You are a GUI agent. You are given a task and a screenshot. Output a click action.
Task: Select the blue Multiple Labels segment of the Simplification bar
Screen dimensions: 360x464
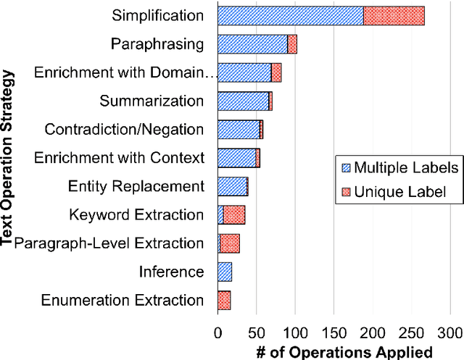tap(290, 15)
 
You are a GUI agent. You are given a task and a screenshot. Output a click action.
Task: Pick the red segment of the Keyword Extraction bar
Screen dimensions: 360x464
tap(234, 214)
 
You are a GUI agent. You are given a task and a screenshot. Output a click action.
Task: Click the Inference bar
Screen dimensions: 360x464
tap(225, 272)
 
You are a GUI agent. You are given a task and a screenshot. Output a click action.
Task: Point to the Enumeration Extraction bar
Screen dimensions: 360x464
tap(224, 300)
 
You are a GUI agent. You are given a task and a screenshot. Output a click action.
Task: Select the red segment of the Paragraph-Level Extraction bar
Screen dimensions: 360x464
tap(230, 243)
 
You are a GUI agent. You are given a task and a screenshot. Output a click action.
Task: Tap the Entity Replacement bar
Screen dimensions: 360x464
tap(233, 186)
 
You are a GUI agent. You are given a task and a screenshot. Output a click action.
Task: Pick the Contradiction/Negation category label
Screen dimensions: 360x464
tap(124, 130)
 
